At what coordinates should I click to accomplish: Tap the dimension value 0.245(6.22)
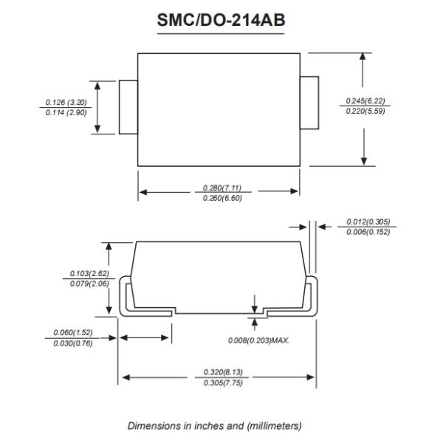coord(365,101)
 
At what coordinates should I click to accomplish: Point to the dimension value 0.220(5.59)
coord(365,111)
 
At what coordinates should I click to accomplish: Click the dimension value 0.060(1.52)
coord(72,332)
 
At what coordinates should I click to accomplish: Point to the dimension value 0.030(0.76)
coord(72,343)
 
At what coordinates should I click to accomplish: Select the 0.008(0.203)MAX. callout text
coord(259,340)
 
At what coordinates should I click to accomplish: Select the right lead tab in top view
coord(309,101)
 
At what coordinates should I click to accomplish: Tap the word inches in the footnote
coord(201,425)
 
